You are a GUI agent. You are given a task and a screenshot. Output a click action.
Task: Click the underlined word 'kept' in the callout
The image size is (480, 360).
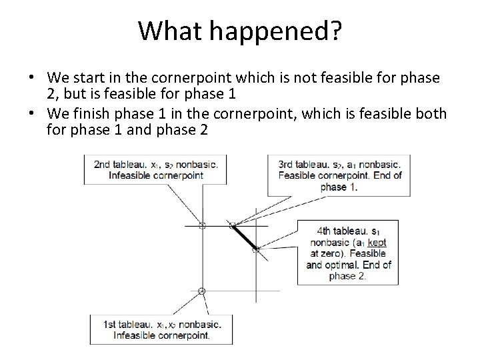tap(377, 243)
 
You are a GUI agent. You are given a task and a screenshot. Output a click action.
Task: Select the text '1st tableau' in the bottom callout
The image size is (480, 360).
tap(125, 325)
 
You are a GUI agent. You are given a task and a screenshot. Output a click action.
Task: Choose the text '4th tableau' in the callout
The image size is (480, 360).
tap(341, 231)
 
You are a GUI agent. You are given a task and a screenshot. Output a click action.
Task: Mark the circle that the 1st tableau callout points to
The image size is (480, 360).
tap(202, 291)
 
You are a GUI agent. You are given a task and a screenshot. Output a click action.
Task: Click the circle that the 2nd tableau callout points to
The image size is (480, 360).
tap(202, 225)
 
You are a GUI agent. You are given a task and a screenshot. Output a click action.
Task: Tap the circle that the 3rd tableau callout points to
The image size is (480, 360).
tap(233, 225)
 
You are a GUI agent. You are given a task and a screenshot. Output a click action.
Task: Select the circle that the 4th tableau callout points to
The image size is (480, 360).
tap(255, 249)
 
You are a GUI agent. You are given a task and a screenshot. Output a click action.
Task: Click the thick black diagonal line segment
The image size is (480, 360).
tap(244, 237)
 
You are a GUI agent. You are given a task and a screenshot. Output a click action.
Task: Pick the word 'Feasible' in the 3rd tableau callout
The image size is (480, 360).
tap(299, 176)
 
